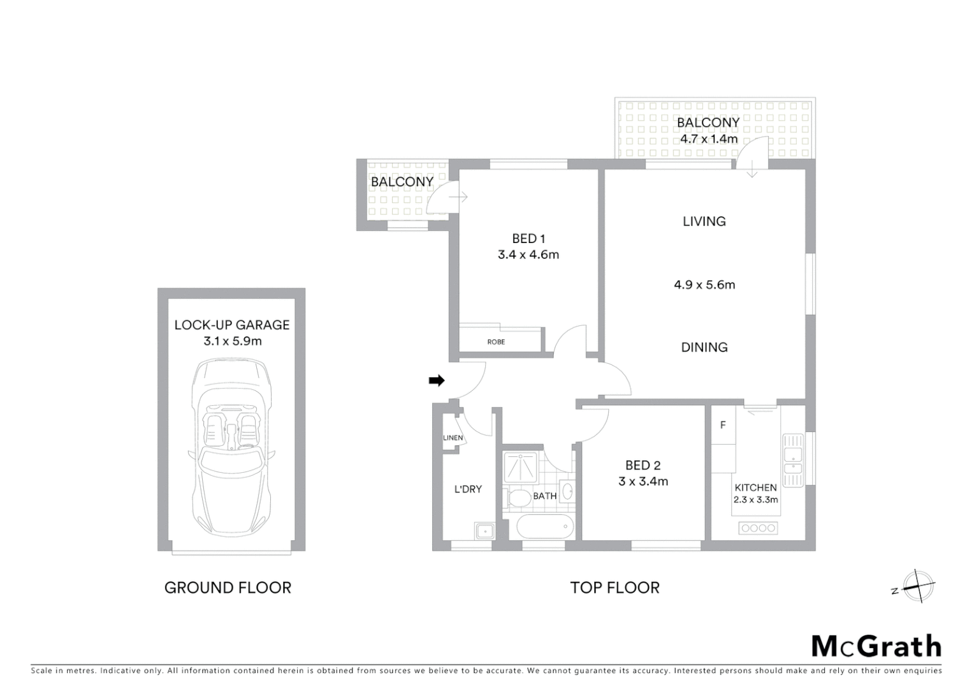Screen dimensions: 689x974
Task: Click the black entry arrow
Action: (437, 381)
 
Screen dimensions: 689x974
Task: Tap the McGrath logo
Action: (876, 646)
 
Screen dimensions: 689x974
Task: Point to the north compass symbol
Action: (917, 586)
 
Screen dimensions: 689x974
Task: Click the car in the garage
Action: (231, 447)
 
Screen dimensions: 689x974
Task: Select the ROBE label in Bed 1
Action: (496, 342)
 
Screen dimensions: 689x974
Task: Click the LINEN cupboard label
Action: (453, 438)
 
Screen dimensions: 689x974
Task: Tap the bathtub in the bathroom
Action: (545, 528)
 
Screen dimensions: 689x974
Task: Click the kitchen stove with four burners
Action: (758, 528)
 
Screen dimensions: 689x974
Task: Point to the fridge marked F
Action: (723, 425)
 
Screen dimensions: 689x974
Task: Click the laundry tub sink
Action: (484, 530)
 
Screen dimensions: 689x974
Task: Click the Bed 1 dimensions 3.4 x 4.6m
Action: (528, 255)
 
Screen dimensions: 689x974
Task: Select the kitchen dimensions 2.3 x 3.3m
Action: (755, 500)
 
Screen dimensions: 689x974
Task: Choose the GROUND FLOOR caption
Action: (228, 588)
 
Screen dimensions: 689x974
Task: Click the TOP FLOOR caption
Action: (614, 588)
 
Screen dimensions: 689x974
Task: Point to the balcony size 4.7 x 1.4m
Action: (709, 138)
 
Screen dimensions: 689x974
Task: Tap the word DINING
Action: (704, 347)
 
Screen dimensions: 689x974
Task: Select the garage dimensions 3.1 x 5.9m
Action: (232, 341)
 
